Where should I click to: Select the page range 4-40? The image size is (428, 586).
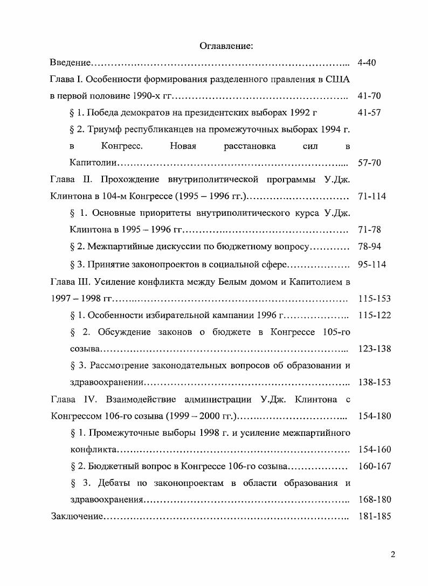367,63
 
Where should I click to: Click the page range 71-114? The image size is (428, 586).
372,196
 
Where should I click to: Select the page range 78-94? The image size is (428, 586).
369,247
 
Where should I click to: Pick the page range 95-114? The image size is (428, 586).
372,265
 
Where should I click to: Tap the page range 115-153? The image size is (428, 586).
374,299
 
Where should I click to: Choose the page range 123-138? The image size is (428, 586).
374,349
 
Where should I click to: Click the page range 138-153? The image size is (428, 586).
374,383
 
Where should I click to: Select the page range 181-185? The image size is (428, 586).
374,517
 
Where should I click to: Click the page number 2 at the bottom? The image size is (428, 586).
393,555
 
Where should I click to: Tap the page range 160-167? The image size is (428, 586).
374,466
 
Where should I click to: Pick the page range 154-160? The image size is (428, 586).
374,449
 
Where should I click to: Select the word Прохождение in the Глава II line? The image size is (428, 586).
134,180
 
